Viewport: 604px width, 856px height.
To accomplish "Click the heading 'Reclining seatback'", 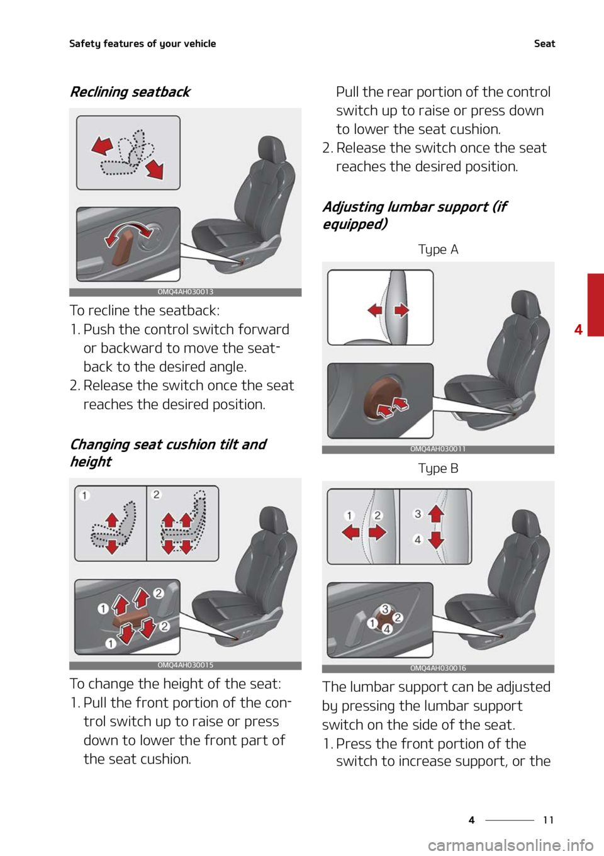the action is [x=130, y=92].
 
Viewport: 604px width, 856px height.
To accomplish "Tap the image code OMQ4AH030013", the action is [x=185, y=292].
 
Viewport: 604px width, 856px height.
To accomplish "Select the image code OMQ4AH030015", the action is [x=185, y=665].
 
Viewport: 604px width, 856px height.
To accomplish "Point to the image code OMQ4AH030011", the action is [x=438, y=449].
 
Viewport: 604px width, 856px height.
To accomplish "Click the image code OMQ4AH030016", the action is [x=438, y=668].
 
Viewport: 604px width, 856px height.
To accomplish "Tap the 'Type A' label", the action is [x=438, y=249].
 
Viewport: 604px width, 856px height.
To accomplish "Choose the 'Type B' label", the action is [x=438, y=468].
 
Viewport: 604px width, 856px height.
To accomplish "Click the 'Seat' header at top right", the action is [x=544, y=43].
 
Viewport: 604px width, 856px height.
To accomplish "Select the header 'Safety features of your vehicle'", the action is [x=142, y=44].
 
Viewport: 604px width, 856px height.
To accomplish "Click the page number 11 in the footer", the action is [x=548, y=819].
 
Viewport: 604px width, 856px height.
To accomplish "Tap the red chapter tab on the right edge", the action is [x=596, y=305].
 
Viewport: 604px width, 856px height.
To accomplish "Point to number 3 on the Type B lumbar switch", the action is [x=385, y=609].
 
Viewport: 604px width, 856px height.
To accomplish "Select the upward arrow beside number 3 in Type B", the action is [x=436, y=514].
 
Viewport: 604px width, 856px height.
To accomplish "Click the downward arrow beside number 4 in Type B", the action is [x=436, y=539].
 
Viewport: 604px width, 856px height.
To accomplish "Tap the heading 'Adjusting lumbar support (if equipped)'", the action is [x=415, y=215].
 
